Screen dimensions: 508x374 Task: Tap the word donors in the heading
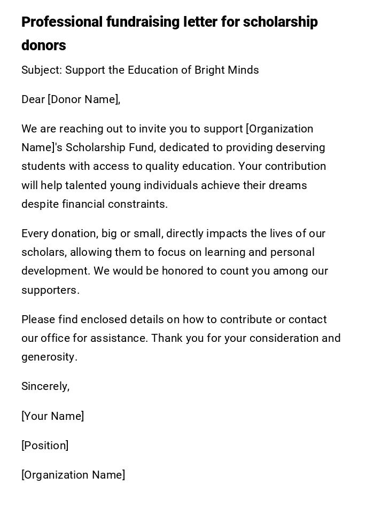click(44, 46)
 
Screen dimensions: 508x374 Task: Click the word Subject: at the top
click(42, 71)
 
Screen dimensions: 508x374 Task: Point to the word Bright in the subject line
click(210, 71)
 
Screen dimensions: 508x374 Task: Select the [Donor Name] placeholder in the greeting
click(83, 100)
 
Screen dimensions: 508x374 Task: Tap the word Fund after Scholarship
click(142, 148)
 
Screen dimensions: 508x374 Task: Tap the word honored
click(183, 271)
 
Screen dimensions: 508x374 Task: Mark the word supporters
click(50, 291)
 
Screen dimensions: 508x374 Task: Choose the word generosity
click(49, 357)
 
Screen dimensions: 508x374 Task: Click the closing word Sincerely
click(45, 387)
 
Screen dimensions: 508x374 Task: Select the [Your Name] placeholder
click(52, 417)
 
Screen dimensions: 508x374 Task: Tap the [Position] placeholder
click(45, 446)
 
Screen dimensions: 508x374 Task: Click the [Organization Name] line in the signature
click(73, 475)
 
